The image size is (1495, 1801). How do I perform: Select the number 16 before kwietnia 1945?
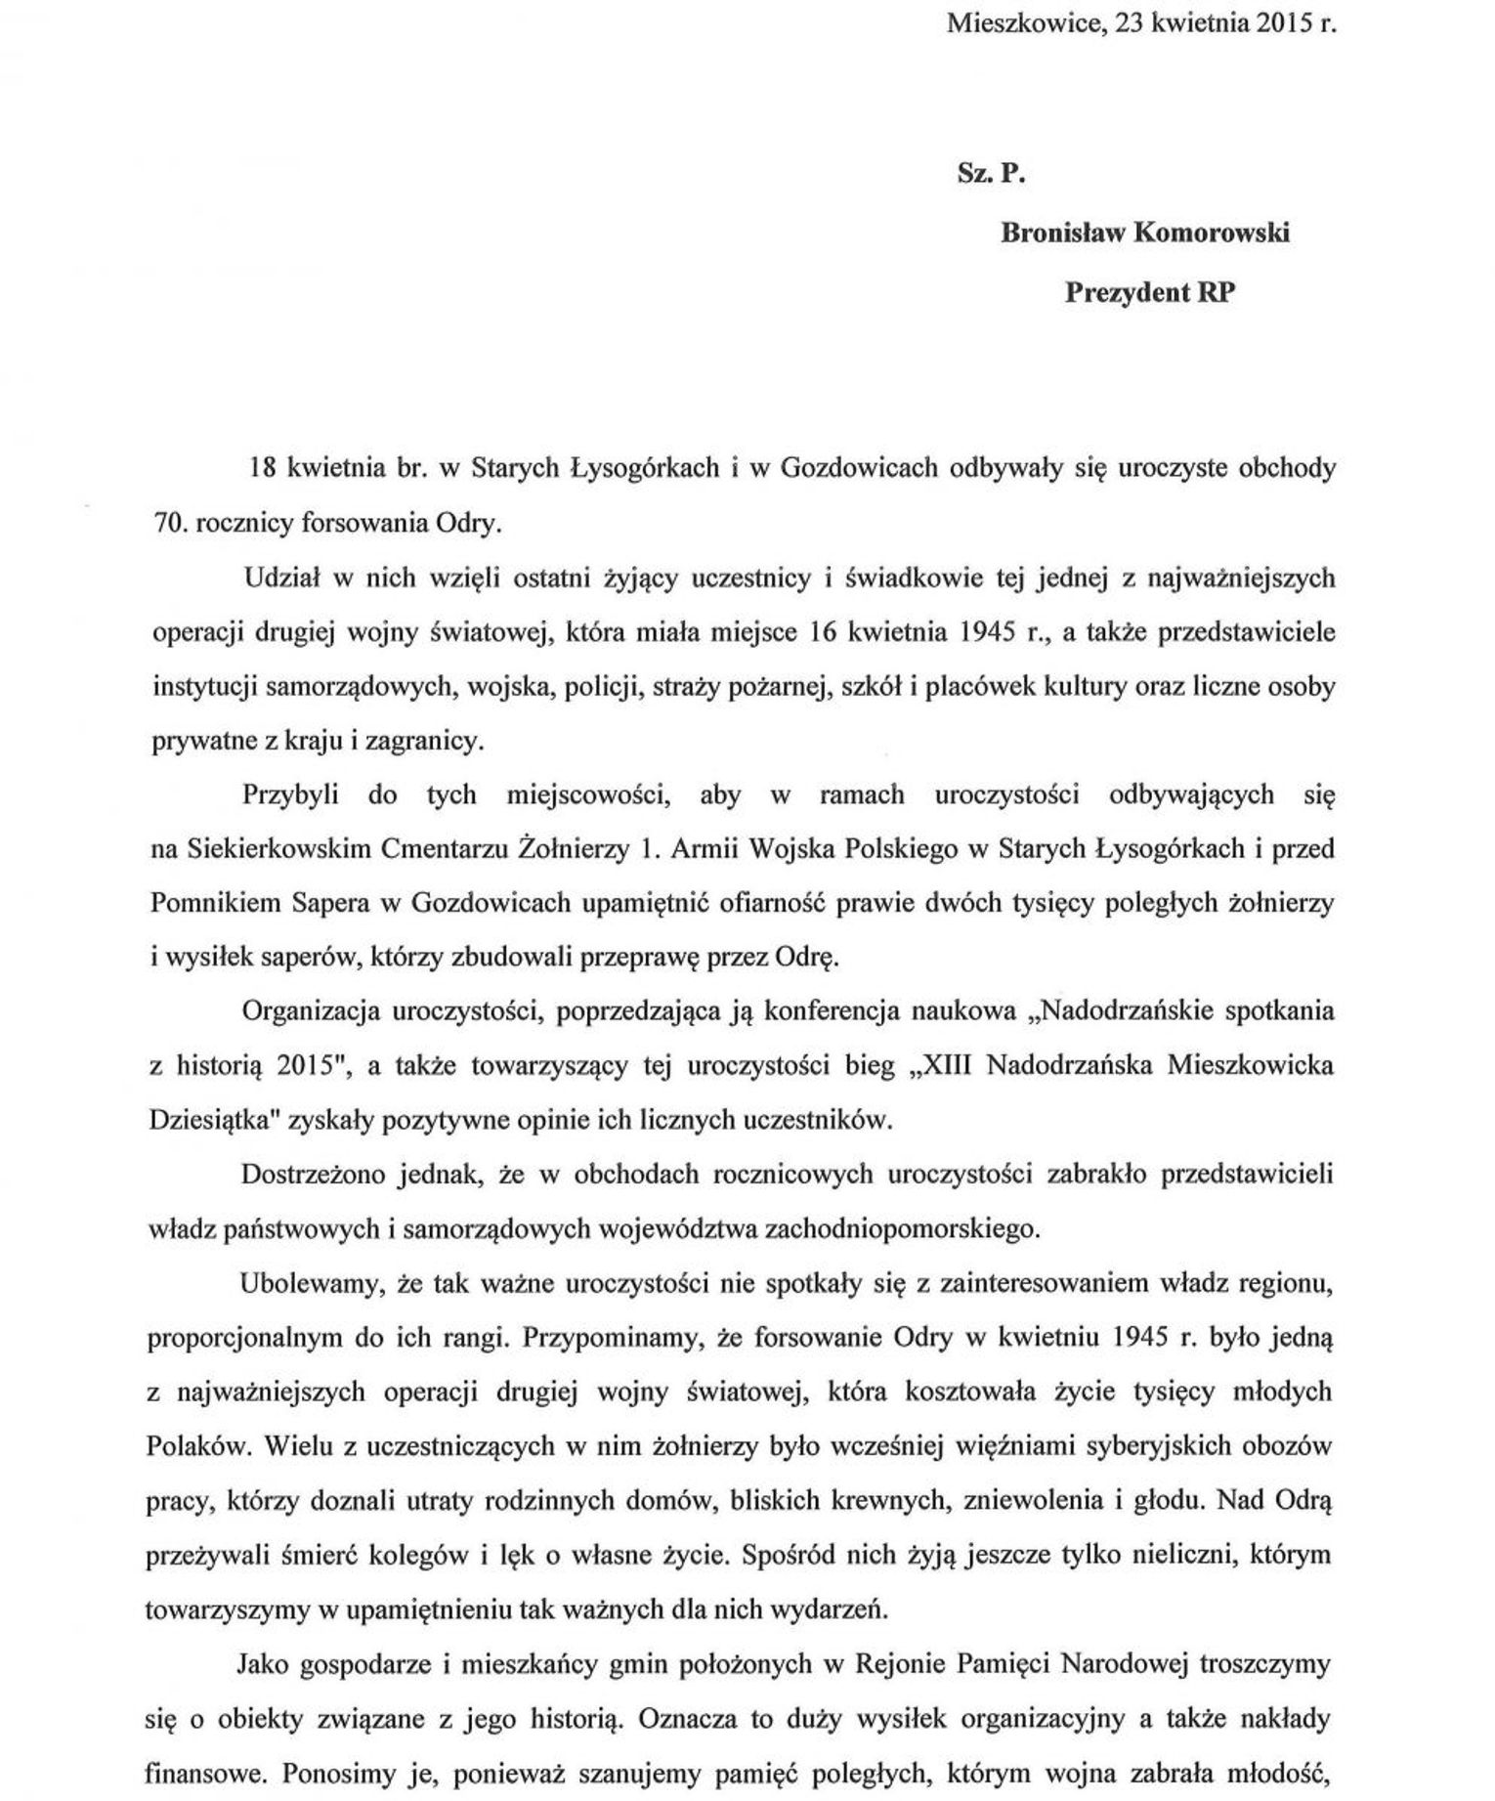coord(828,632)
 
